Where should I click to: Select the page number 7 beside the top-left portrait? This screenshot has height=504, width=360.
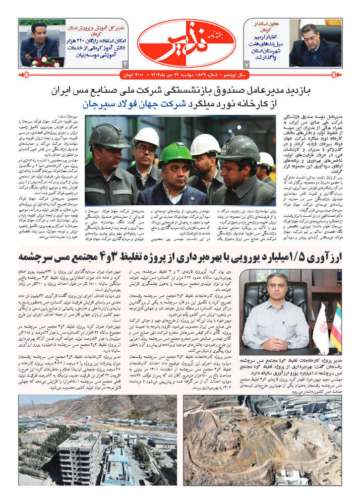[x=125, y=64]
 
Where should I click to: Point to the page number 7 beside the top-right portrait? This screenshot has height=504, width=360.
[x=247, y=65]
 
